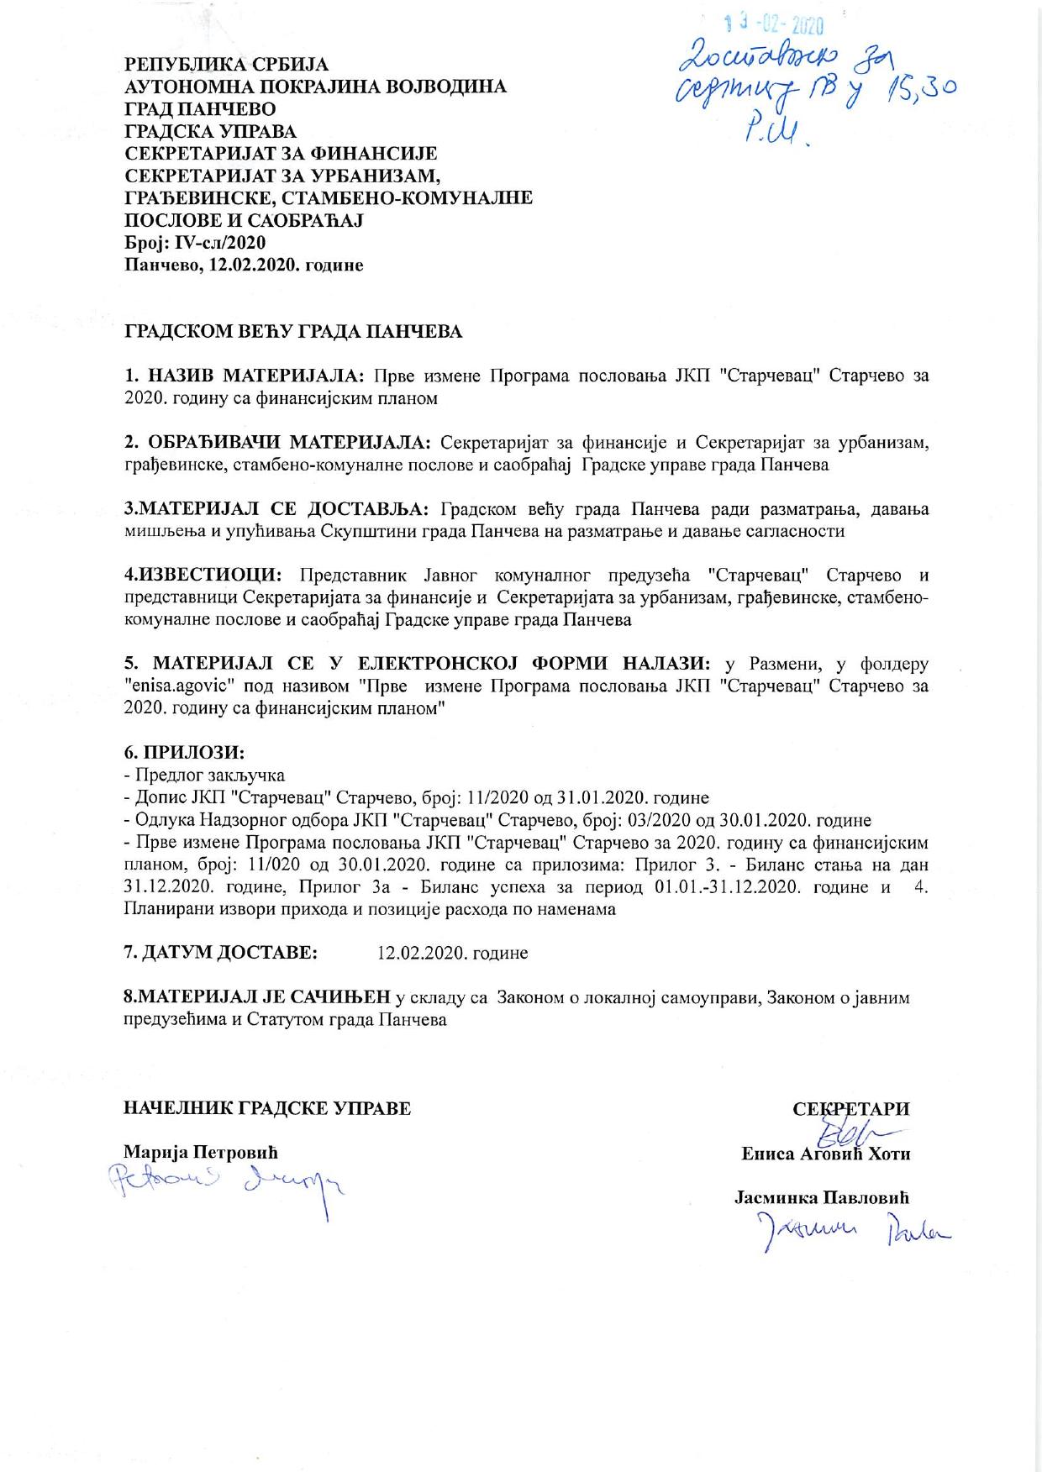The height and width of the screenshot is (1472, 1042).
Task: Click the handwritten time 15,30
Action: point(917,84)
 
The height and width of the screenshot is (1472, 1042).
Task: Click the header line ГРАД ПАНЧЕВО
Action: point(200,109)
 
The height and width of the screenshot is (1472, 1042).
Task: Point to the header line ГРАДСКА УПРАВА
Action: point(210,132)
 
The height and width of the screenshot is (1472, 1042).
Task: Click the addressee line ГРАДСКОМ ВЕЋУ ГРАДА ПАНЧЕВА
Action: point(293,331)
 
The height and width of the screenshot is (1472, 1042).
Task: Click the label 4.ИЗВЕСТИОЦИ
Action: point(203,576)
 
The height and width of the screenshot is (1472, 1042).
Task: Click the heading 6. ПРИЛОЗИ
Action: point(184,753)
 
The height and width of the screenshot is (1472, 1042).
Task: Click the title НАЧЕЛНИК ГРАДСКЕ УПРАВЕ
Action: point(267,1108)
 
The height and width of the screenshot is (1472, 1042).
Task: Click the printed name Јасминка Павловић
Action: point(822,1198)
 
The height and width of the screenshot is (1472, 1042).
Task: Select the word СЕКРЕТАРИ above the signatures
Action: point(851,1109)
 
